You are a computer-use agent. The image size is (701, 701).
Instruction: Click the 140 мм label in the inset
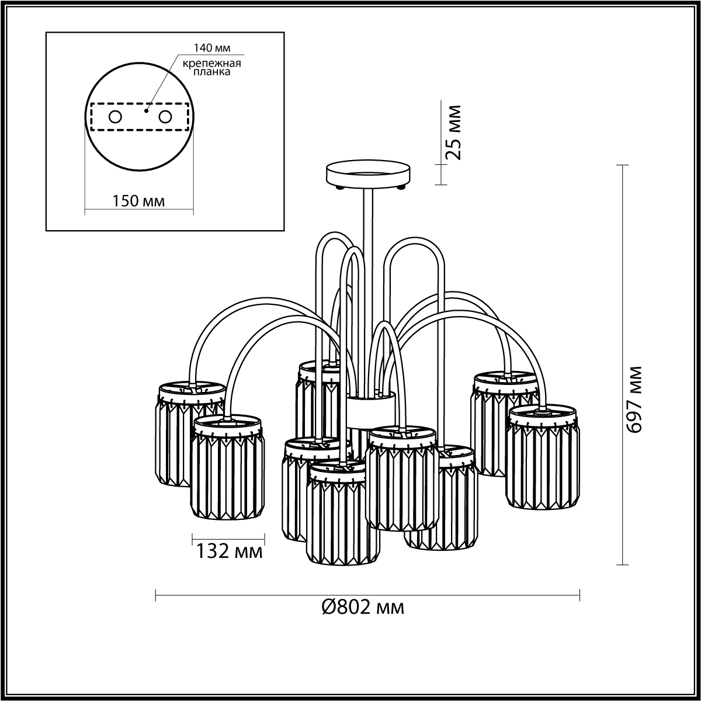tap(211, 48)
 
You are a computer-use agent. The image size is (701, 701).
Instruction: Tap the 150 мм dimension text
tap(138, 201)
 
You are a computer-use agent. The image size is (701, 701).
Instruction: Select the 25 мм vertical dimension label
tap(453, 133)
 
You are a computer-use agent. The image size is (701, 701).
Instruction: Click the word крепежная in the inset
tap(211, 63)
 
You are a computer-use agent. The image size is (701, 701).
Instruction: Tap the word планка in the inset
tap(211, 72)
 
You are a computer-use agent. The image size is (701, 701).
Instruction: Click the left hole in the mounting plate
tap(115, 117)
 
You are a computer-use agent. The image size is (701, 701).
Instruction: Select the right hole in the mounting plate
tap(165, 117)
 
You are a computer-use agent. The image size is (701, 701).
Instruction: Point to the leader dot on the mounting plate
tap(146, 111)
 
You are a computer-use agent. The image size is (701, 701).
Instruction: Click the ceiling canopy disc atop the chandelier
tap(368, 175)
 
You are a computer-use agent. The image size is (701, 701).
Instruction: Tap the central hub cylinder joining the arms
tap(370, 410)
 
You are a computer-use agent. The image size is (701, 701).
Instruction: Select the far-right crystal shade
tap(542, 457)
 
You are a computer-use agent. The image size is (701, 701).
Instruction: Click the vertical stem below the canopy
tap(368, 291)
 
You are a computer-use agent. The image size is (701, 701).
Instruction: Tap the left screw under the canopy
tap(340, 188)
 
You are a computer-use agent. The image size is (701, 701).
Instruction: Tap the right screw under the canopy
tap(401, 188)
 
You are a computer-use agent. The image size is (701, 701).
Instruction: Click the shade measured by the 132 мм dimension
tap(228, 467)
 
